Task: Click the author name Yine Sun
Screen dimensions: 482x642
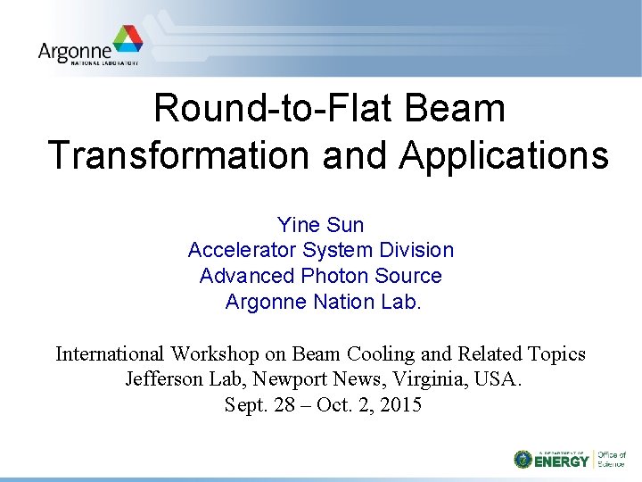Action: (x=321, y=225)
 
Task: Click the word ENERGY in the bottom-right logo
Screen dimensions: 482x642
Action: (x=562, y=461)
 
